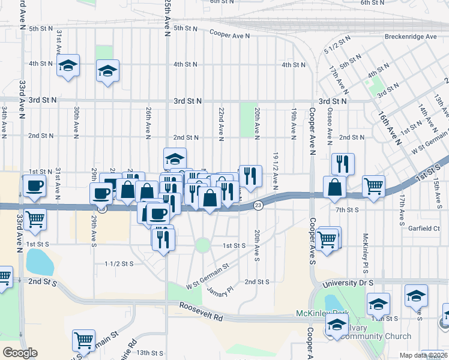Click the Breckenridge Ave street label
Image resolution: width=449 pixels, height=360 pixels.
[411, 37]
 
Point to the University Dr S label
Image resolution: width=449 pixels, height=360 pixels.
[348, 282]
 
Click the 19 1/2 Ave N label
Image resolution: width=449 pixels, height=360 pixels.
[275, 171]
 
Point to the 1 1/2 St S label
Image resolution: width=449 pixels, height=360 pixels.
[118, 263]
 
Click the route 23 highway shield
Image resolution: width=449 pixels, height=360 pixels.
[258, 205]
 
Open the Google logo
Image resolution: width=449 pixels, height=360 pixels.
[20, 353]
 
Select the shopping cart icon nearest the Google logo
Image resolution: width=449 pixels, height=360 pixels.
[83, 340]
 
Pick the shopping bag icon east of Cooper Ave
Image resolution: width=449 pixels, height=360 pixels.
[334, 187]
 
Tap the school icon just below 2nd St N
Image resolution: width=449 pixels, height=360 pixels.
[175, 158]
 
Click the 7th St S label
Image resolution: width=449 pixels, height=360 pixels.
[347, 210]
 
